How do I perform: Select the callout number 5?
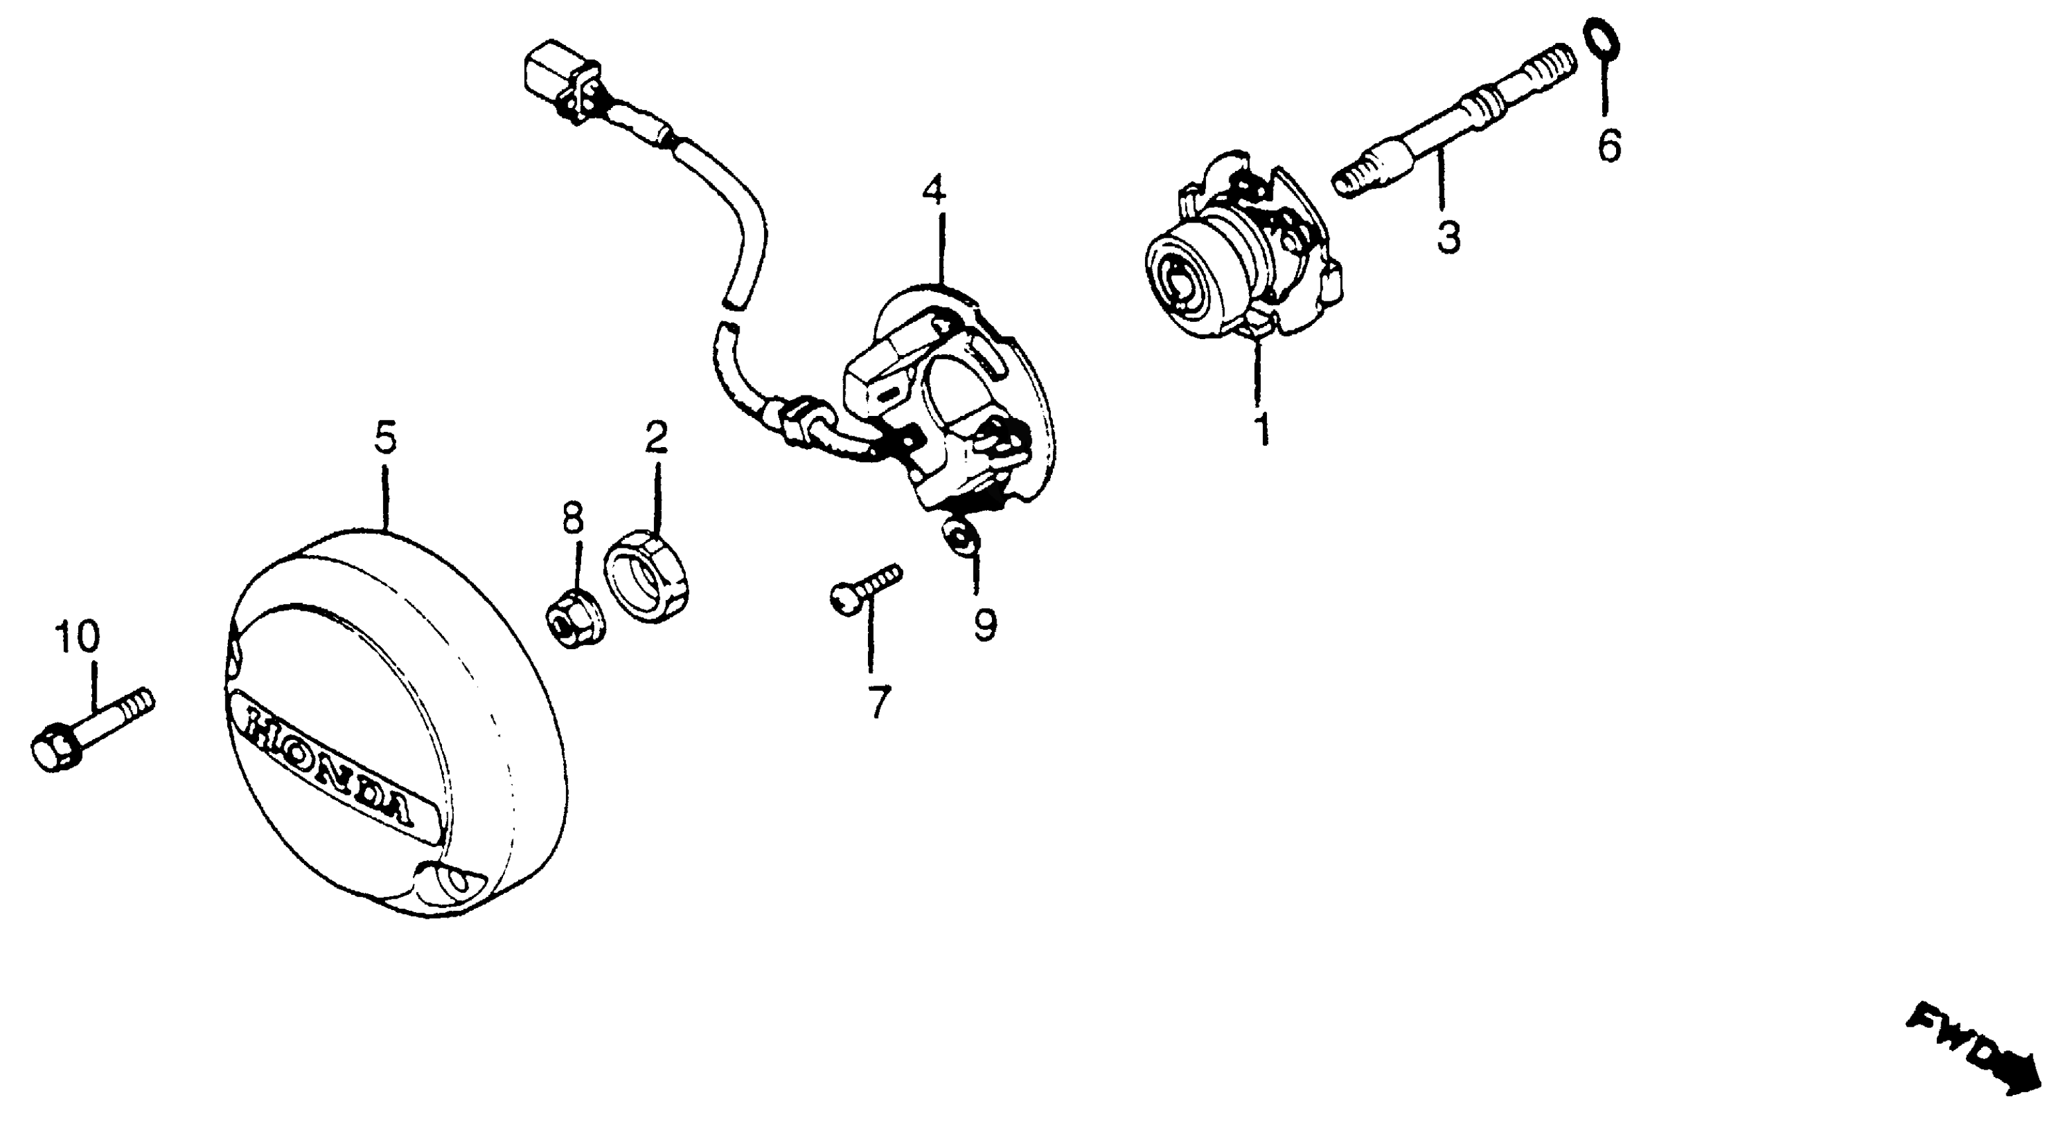click(x=385, y=438)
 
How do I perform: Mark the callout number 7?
click(x=878, y=702)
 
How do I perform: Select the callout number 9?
click(x=985, y=625)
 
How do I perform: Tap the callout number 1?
click(x=1262, y=428)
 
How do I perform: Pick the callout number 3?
click(x=1448, y=237)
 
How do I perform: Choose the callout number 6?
click(x=1609, y=146)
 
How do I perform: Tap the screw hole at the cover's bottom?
click(x=458, y=880)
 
